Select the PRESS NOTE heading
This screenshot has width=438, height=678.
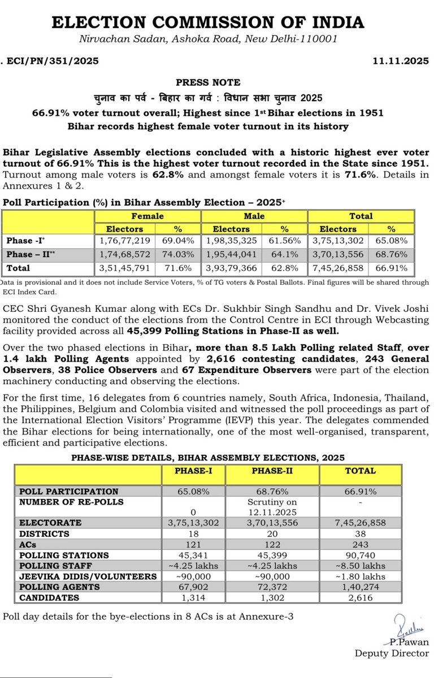pyautogui.click(x=208, y=82)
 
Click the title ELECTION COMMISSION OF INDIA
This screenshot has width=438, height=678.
pyautogui.click(x=208, y=23)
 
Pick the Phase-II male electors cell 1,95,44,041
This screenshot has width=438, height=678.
pyautogui.click(x=231, y=254)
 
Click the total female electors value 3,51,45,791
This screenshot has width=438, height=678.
pyautogui.click(x=125, y=268)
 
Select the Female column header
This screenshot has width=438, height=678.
pyautogui.click(x=148, y=216)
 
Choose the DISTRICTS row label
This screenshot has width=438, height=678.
pyautogui.click(x=44, y=533)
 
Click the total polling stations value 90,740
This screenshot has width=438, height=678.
pyautogui.click(x=361, y=555)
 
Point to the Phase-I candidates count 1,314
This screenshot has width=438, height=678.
pyautogui.click(x=194, y=598)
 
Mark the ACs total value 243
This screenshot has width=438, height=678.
pyautogui.click(x=361, y=545)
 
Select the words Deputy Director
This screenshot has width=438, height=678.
pyautogui.click(x=392, y=653)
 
